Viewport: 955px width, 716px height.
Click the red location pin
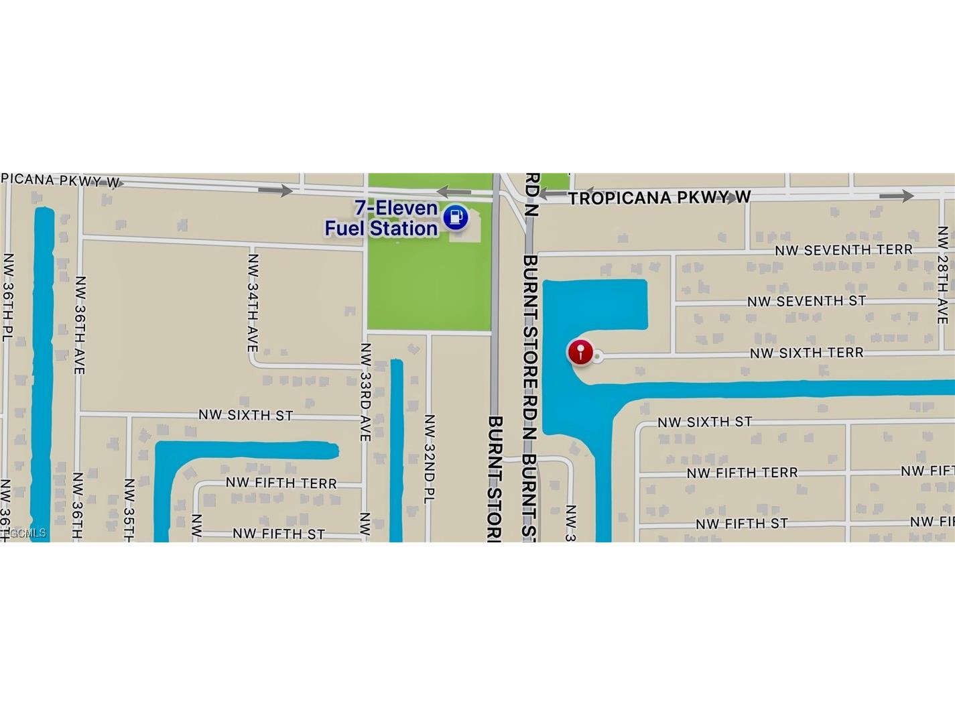(x=580, y=352)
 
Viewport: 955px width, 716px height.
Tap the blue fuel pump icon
(x=456, y=217)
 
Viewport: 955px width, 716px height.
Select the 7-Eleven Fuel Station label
(x=381, y=219)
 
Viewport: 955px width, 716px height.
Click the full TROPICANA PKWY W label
(x=659, y=198)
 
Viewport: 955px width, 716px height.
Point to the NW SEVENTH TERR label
(x=844, y=250)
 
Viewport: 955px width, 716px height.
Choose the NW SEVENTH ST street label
(x=806, y=301)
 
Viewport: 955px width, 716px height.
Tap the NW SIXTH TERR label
(x=806, y=353)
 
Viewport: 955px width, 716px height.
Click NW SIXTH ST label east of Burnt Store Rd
(x=704, y=422)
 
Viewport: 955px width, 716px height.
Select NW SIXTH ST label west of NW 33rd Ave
(x=245, y=415)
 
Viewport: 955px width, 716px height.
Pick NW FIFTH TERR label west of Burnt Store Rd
(x=281, y=483)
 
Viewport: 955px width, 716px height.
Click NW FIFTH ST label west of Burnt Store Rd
(x=278, y=534)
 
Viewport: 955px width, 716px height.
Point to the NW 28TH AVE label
(x=943, y=275)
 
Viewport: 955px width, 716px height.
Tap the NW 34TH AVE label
(x=253, y=302)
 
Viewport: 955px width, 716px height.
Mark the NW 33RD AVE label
(x=365, y=392)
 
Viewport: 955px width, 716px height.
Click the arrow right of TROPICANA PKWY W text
(x=896, y=196)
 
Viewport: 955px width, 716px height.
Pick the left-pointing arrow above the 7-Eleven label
(x=454, y=192)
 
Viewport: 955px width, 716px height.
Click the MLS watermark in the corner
(x=25, y=533)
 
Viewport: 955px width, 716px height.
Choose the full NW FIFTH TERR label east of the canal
(x=742, y=473)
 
